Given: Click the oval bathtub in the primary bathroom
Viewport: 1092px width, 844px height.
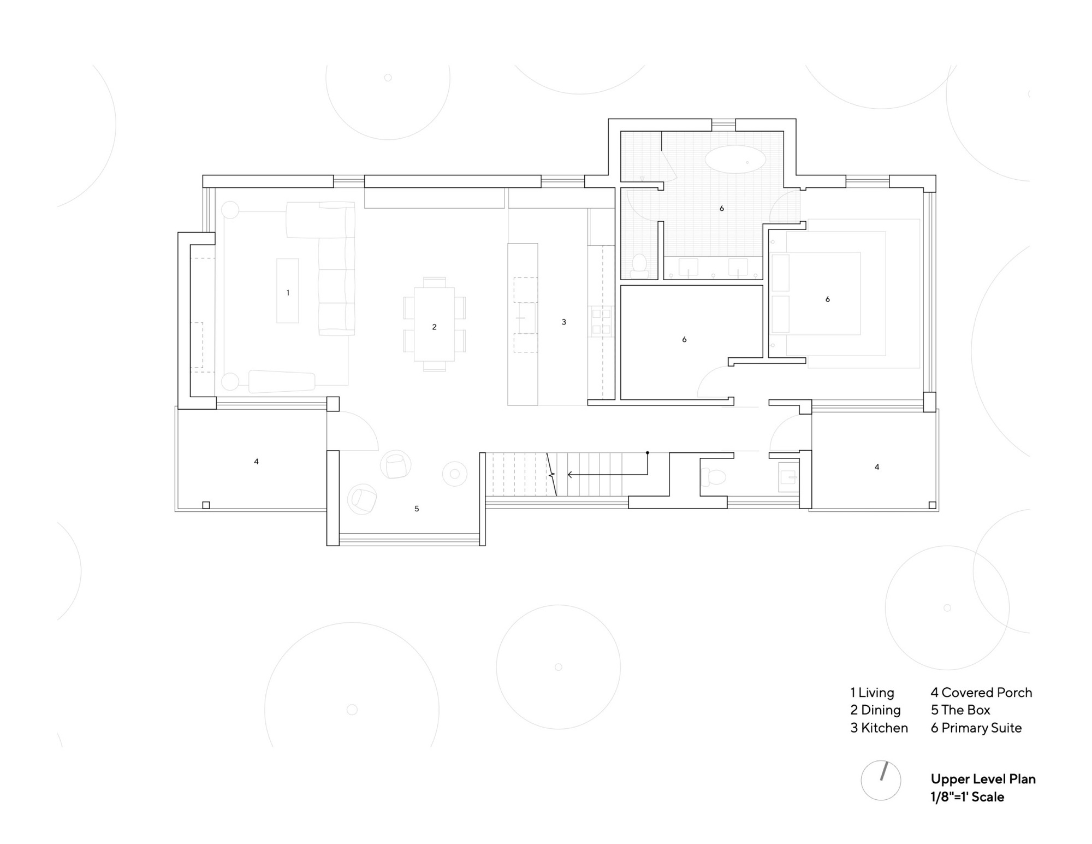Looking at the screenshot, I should [735, 160].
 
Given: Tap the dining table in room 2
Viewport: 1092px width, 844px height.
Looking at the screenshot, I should [434, 324].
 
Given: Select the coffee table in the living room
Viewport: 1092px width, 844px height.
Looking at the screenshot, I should [288, 291].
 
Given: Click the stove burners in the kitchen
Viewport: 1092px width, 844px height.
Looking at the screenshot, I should [601, 321].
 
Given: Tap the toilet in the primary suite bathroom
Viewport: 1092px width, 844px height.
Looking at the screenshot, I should [638, 265].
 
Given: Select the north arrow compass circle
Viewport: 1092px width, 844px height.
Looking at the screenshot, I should [881, 781].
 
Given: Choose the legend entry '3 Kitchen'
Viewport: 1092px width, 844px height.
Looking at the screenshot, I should [879, 728].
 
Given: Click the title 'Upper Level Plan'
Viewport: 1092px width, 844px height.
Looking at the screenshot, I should [983, 779].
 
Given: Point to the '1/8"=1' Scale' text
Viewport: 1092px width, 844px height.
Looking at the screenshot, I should [967, 797].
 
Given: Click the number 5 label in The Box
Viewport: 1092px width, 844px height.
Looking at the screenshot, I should [417, 509].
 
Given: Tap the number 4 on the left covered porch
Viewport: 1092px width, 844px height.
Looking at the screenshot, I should [257, 462].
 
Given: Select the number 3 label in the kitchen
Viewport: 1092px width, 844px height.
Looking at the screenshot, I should [564, 322].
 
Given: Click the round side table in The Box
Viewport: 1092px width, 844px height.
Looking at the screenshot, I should [454, 474].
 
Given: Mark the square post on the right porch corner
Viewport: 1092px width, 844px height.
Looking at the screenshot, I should [932, 505].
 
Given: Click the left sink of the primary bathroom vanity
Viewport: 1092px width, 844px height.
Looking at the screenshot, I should [689, 267].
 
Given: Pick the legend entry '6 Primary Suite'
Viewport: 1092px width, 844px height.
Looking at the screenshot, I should [976, 728].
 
